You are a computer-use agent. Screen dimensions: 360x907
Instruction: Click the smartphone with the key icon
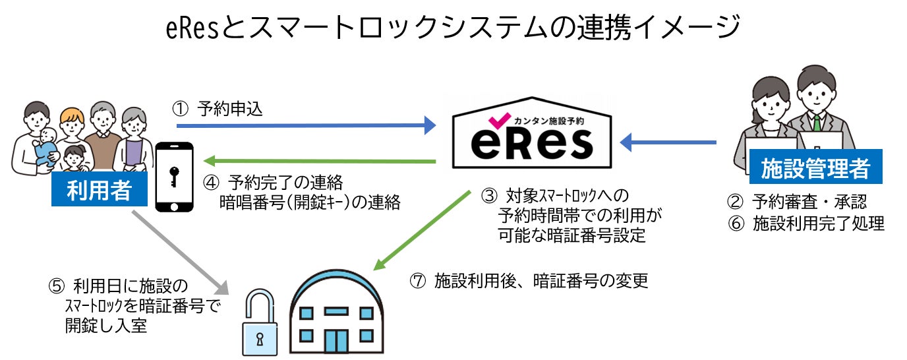174,177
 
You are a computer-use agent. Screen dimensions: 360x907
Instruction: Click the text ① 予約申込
217,109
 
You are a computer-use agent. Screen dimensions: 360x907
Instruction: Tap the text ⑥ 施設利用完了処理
806,224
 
